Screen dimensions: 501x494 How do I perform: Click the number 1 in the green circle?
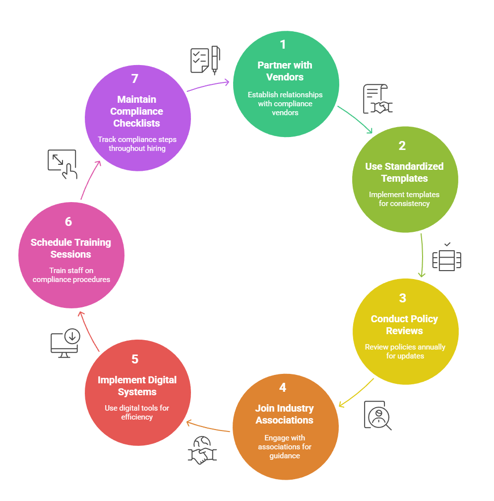283,45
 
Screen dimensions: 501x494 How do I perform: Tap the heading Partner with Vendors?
285,71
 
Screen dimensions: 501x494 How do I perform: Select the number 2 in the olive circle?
402,146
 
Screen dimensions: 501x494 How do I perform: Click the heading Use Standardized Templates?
404,172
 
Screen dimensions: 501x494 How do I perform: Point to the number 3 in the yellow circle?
402,298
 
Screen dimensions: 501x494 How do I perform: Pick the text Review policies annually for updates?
405,352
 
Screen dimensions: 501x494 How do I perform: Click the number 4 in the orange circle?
283,388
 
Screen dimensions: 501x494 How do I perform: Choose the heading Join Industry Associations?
284,414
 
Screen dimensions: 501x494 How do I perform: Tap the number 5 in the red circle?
135,359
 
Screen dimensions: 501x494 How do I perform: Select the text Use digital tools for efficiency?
137,413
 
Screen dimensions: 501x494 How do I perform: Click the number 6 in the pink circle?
68,222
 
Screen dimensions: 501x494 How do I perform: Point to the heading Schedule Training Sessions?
71,248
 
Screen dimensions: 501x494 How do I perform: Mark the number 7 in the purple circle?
135,79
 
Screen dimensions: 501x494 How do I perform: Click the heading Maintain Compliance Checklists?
136,111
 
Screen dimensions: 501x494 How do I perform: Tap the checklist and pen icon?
205,61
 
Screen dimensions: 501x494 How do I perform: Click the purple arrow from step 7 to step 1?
208,85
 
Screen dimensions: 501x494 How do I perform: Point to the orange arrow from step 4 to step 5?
208,427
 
